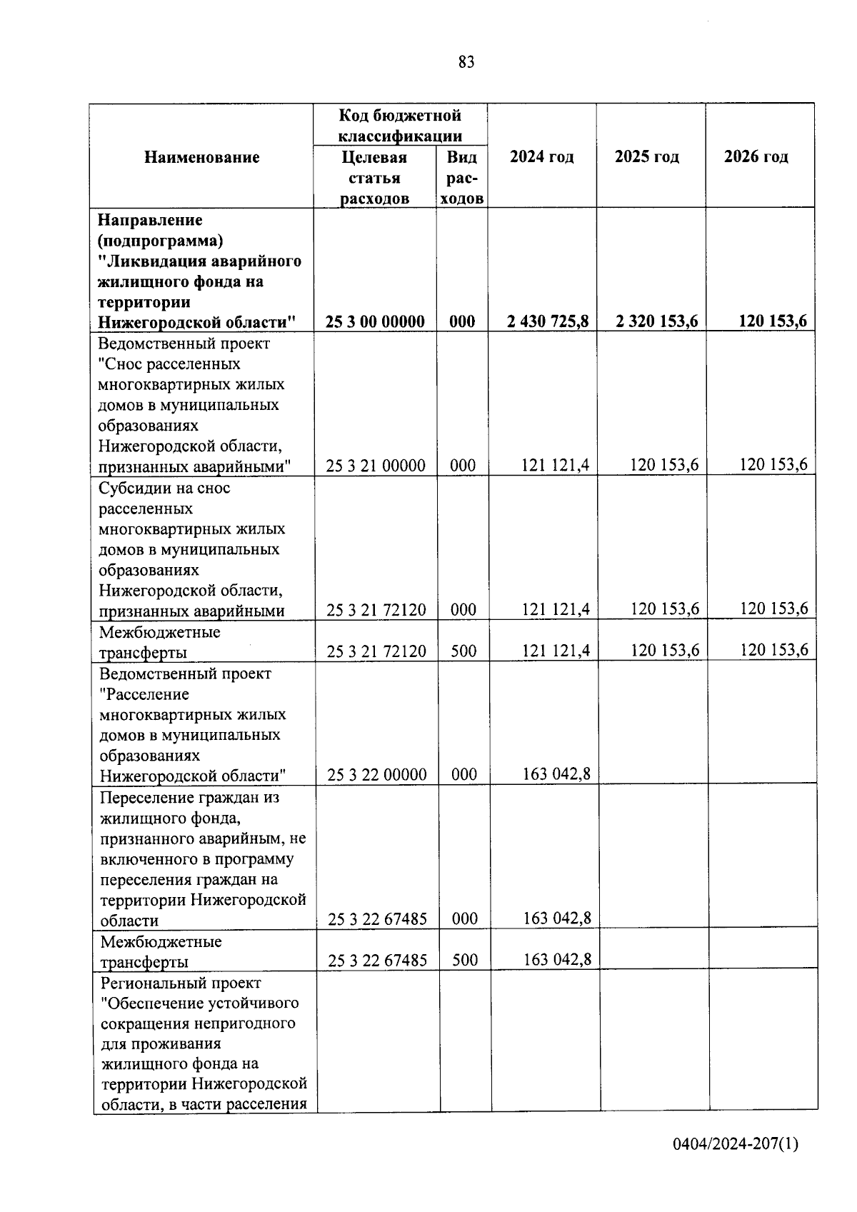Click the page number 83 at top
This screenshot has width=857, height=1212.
[466, 63]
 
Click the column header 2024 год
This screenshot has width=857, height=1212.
[541, 157]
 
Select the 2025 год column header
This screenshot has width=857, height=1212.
[646, 157]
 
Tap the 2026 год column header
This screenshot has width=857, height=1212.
[756, 157]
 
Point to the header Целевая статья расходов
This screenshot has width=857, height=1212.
[374, 178]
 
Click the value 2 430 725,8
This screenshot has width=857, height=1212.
[548, 321]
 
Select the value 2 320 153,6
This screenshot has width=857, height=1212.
[656, 321]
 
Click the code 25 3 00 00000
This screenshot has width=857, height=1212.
[375, 322]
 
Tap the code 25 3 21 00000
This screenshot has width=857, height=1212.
[376, 466]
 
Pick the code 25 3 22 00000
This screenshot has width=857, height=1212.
[376, 775]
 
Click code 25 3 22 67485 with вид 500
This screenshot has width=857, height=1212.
[377, 961]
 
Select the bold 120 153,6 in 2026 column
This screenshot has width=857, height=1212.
[773, 321]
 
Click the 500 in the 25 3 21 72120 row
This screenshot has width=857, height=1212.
[463, 651]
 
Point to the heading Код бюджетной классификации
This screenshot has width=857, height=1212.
[400, 125]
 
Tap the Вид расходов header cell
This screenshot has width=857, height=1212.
[461, 178]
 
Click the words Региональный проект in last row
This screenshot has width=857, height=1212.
[181, 983]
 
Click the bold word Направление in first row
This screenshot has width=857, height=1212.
[150, 220]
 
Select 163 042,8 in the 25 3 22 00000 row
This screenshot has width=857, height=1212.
[556, 774]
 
